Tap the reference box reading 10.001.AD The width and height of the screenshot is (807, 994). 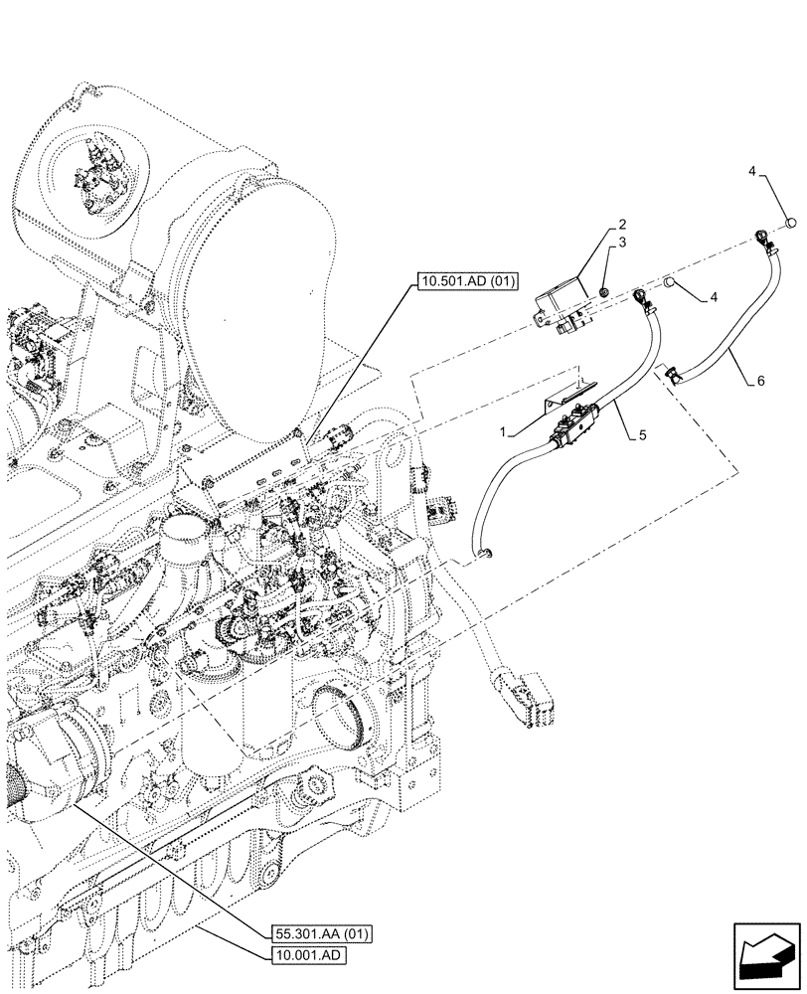[309, 956]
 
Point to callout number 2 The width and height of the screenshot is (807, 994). [621, 225]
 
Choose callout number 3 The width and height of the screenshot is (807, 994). [621, 242]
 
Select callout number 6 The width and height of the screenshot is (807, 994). [760, 381]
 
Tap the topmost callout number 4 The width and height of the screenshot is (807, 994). [754, 172]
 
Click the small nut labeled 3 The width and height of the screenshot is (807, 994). [603, 290]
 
